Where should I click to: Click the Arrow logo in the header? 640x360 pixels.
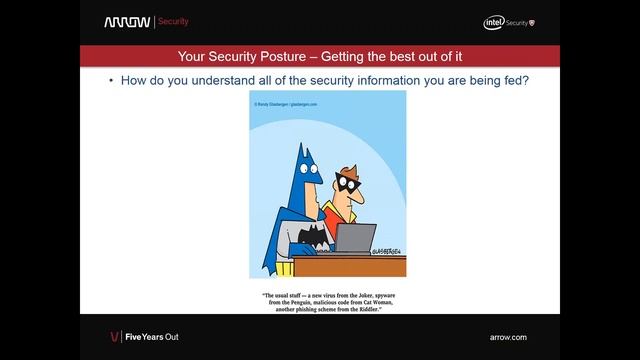point(126,21)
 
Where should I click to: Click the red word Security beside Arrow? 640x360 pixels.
point(173,21)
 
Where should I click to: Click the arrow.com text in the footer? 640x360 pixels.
point(508,337)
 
